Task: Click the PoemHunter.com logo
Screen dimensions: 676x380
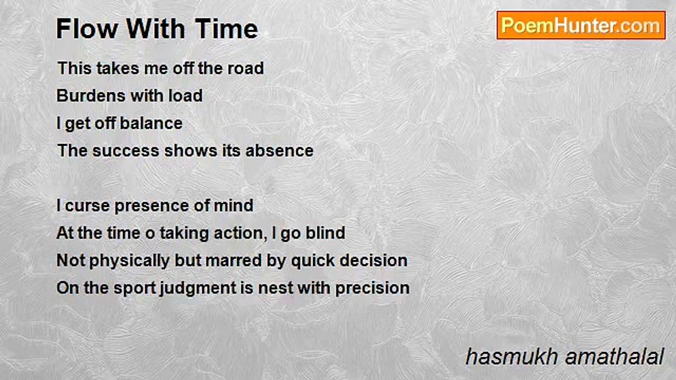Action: pos(581,25)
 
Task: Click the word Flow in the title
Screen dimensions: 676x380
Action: pos(87,28)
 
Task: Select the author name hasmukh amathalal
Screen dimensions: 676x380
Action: pos(565,357)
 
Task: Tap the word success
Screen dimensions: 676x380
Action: pos(126,151)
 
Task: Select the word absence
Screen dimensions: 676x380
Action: pos(279,150)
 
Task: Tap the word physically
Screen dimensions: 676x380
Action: pos(129,261)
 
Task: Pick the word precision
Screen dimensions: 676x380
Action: pos(372,288)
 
